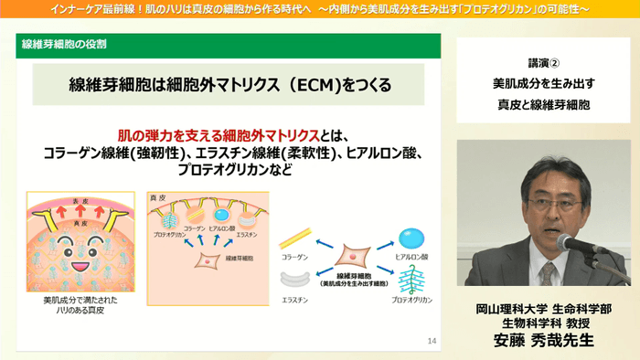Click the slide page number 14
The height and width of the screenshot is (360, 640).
(x=432, y=341)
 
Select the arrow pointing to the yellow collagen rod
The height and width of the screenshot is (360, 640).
(x=324, y=244)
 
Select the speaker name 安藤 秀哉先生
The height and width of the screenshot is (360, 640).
(x=543, y=342)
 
